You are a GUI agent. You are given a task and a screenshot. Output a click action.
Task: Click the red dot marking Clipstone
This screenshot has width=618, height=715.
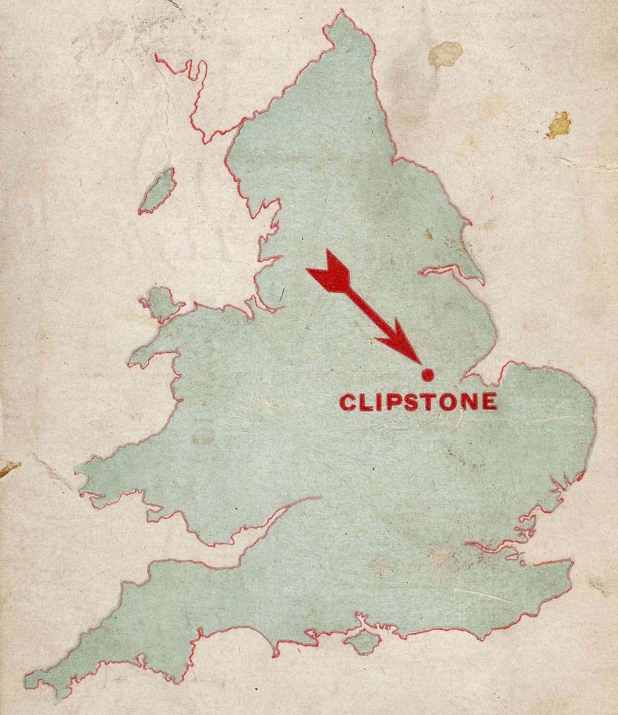pyautogui.click(x=427, y=375)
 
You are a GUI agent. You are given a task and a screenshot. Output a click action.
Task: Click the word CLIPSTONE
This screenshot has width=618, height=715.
pyautogui.click(x=418, y=402)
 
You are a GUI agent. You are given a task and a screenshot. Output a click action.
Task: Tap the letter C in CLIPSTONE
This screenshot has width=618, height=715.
pyautogui.click(x=348, y=402)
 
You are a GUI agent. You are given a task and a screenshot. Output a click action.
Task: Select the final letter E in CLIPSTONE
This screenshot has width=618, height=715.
pyautogui.click(x=489, y=402)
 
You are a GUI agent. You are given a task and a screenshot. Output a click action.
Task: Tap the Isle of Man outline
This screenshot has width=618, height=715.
pyautogui.click(x=157, y=191)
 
